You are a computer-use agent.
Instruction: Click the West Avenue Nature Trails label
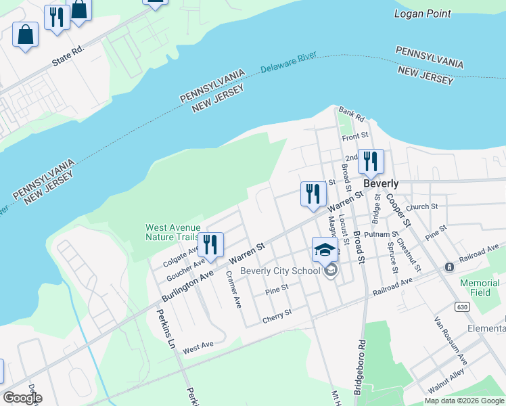[x=172, y=232]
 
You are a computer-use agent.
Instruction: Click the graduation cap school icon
[x=325, y=249]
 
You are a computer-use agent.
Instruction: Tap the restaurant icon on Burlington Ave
[x=210, y=244]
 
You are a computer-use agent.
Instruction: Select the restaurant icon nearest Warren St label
[x=311, y=194]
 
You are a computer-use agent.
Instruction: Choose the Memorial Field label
[x=480, y=288]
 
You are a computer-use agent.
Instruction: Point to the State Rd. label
[x=68, y=58]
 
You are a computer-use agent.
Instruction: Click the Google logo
[x=22, y=398]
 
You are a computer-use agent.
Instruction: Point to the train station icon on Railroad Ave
[x=448, y=267]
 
